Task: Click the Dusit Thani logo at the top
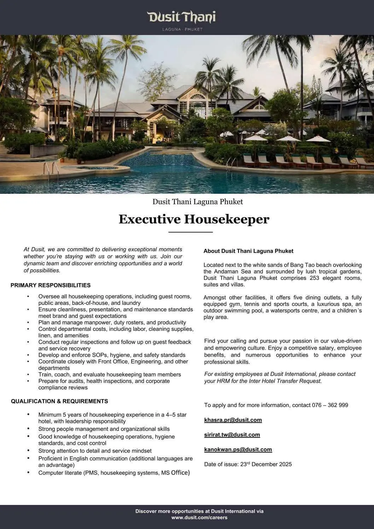[x=181, y=17]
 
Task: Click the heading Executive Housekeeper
[x=194, y=219]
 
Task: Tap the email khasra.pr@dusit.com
[x=233, y=420]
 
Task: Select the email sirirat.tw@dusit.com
[x=232, y=435]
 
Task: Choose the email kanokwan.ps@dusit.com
[x=238, y=450]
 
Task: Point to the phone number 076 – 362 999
[x=330, y=405]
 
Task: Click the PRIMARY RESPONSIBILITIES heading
[x=51, y=285]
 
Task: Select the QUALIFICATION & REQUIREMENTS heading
[x=59, y=401]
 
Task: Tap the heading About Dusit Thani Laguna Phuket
[x=248, y=251]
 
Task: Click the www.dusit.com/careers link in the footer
[x=199, y=518]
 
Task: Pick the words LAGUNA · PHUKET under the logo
[x=182, y=29]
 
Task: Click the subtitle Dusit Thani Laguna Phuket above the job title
[x=198, y=202]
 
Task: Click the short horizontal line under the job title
[x=191, y=232]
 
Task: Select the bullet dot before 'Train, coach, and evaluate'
[x=28, y=374]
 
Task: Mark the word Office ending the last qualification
[x=180, y=473]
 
